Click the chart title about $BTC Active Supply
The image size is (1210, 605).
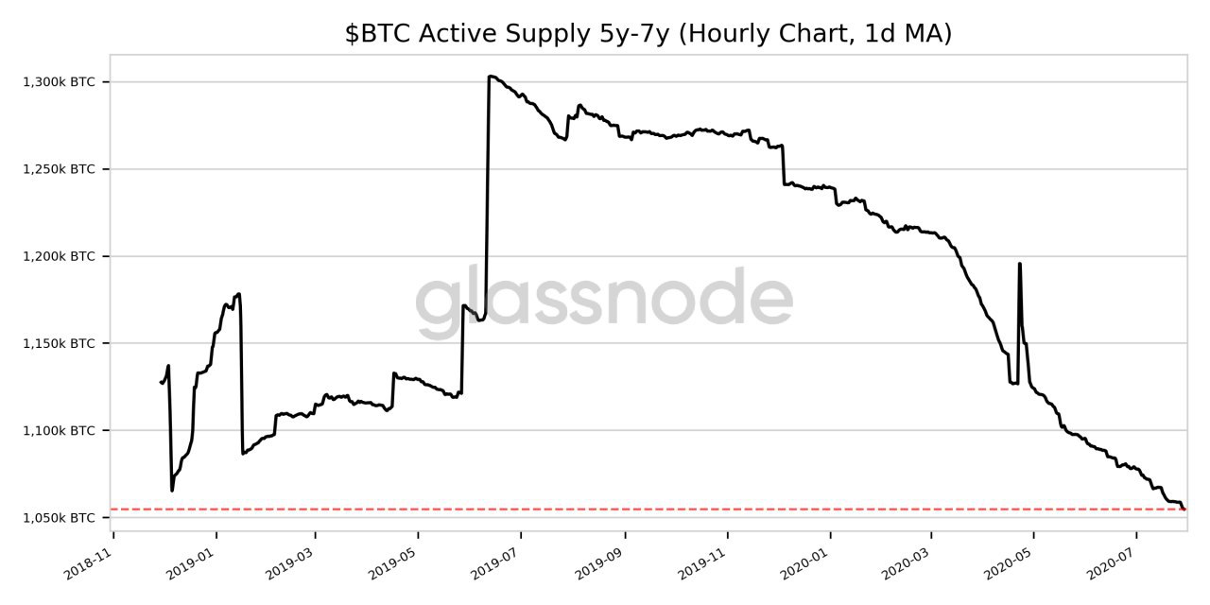tap(648, 34)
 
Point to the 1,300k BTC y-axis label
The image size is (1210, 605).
tap(59, 82)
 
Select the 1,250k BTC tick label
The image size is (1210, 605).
tap(59, 169)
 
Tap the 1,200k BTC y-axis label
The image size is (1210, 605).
tap(59, 256)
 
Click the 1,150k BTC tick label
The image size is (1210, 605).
tap(59, 343)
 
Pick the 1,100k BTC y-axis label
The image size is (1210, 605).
tap(59, 430)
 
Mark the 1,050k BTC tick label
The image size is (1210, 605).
tap(59, 518)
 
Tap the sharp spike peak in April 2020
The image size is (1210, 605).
tap(1019, 265)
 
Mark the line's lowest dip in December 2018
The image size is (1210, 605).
tap(172, 490)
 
